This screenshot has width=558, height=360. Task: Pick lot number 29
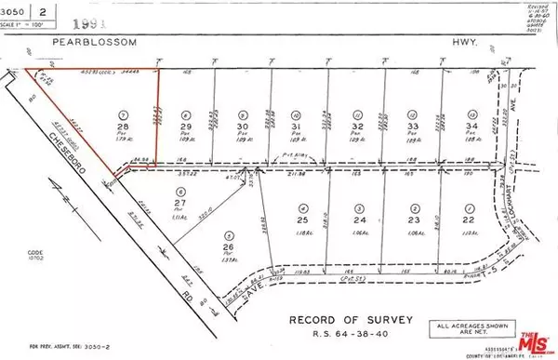(x=187, y=127)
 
